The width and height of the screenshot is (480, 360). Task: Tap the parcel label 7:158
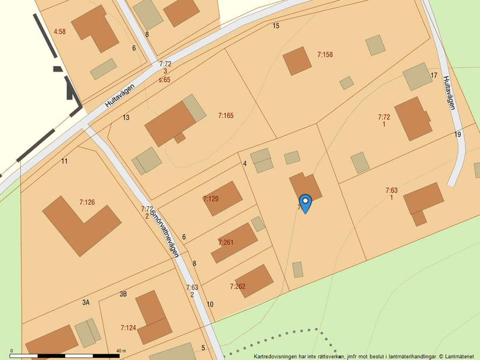point(325,55)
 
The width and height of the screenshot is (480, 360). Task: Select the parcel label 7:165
point(226,116)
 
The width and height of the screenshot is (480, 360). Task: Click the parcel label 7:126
point(87,202)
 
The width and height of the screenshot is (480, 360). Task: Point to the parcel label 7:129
point(211,199)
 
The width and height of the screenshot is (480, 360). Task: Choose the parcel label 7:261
point(226,242)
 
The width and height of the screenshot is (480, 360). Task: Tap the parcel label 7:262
point(237,286)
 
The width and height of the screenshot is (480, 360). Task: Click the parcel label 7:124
point(128,328)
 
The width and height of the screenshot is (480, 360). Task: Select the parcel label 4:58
point(59,31)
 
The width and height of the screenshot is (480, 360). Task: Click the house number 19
point(458,135)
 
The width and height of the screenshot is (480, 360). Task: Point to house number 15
point(276,26)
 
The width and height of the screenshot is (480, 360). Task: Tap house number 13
point(126,117)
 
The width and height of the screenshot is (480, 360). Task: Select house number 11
point(65,161)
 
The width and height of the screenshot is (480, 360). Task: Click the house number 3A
point(86,302)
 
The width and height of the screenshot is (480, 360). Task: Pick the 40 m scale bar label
point(121,350)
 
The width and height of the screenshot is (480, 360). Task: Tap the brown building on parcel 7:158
point(297,61)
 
